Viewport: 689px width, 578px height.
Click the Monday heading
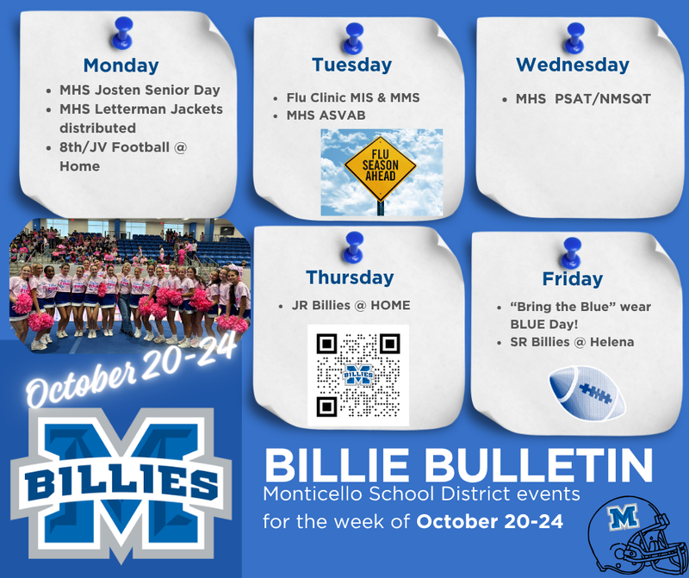point(121,65)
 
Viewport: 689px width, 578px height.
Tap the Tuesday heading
point(351,65)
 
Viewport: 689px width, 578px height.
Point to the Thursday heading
point(349,277)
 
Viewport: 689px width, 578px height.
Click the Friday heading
point(572,279)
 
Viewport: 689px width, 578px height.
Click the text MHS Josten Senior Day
point(140,90)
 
